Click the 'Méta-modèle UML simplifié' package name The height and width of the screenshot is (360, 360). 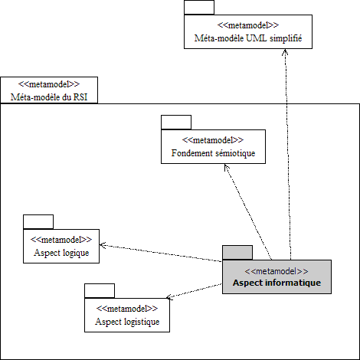click(248, 38)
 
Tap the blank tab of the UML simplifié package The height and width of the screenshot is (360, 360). click(199, 8)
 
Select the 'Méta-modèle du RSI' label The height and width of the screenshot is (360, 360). click(49, 97)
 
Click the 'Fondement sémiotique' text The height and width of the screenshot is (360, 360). click(213, 153)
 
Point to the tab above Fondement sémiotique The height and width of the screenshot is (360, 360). click(176, 123)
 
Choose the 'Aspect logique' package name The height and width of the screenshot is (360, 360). click(61, 253)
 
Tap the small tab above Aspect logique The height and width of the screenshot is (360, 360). click(38, 222)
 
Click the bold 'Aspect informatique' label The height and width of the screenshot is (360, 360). click(277, 283)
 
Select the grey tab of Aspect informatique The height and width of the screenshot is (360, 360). click(237, 253)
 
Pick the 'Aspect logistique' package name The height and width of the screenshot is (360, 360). click(127, 322)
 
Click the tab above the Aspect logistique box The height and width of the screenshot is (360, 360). click(100, 291)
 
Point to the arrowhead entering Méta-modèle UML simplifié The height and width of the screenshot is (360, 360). click(285, 51)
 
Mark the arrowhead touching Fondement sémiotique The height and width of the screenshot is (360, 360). click(226, 167)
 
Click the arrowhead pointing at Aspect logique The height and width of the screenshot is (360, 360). click(103, 245)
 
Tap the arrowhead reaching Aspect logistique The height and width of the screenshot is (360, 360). click(169, 297)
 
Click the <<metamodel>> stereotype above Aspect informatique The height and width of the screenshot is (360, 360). click(277, 271)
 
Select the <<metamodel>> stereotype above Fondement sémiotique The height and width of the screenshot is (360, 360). click(213, 140)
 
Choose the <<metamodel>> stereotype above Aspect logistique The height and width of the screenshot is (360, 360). click(127, 309)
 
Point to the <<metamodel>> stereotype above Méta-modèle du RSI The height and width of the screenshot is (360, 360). click(49, 84)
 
